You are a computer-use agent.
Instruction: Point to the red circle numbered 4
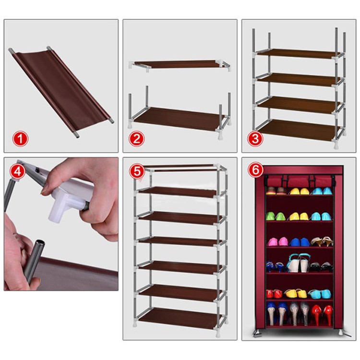(x=18, y=171)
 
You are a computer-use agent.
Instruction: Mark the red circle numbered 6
(x=255, y=170)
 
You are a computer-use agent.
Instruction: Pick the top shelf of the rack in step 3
(x=298, y=53)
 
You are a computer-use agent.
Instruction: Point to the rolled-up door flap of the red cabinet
(x=299, y=181)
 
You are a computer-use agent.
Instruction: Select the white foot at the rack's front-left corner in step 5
(x=135, y=324)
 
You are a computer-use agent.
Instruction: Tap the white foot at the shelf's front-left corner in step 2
(x=130, y=125)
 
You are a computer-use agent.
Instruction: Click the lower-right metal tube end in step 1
(x=111, y=121)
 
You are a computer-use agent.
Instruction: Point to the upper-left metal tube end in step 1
(x=11, y=50)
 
